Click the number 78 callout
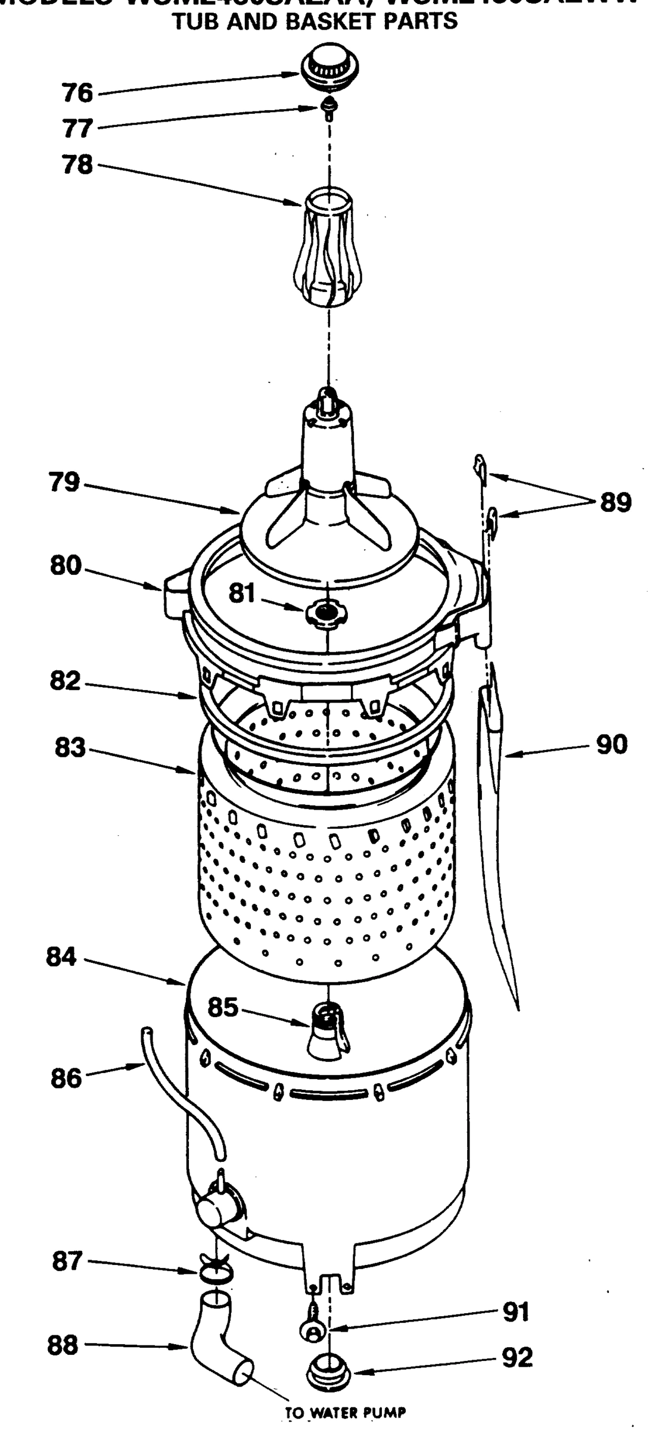78,164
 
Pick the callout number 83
70,748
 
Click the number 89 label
615,503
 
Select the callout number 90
612,744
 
